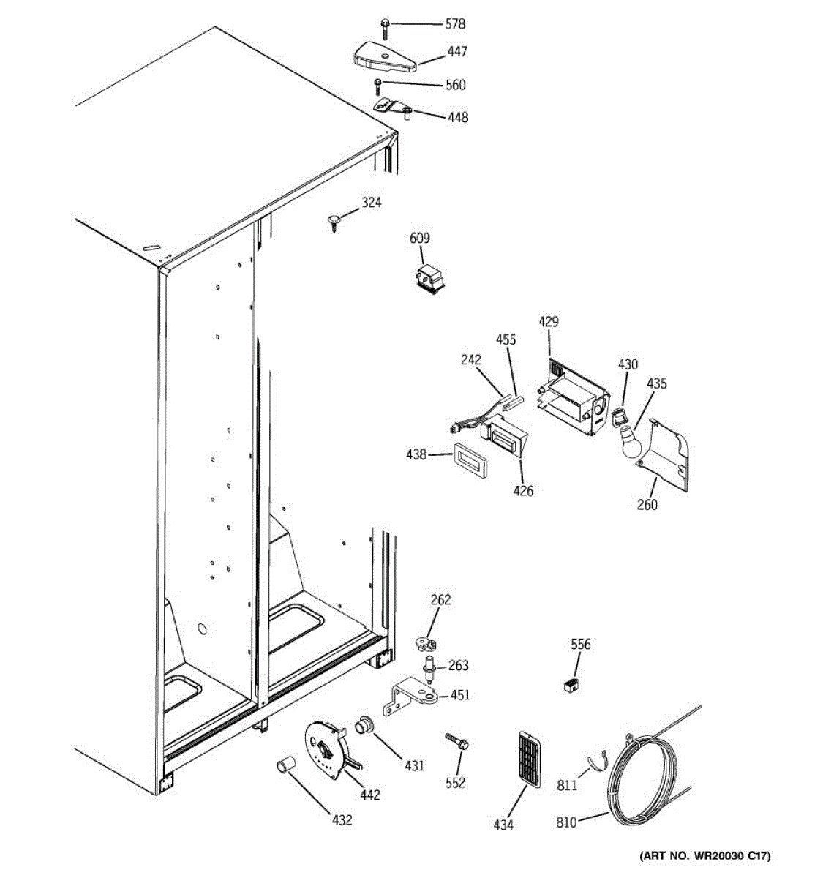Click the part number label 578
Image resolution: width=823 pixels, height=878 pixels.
coord(455,24)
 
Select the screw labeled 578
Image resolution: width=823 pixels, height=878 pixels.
coord(384,28)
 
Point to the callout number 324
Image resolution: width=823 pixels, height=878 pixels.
coord(372,203)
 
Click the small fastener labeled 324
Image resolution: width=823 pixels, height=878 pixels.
coord(334,220)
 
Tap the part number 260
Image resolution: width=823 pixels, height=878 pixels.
coord(647,504)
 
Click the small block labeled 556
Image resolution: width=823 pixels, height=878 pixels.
coord(569,685)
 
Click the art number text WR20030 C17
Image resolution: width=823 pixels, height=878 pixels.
coord(704,856)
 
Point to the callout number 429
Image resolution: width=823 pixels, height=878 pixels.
coord(549,321)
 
